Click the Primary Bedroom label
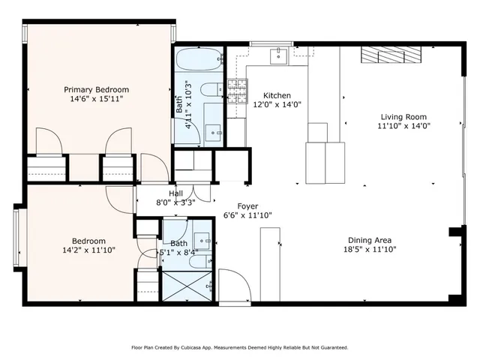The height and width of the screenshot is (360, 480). tap(95, 88)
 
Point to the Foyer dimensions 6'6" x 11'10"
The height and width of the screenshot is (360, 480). tap(247, 215)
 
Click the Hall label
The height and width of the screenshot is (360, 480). tap(175, 193)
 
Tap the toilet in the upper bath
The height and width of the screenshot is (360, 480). tap(212, 86)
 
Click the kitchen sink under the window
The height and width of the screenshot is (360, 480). tap(280, 55)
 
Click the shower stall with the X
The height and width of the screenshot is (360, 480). tap(187, 286)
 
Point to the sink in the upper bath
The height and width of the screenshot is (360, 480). tap(213, 132)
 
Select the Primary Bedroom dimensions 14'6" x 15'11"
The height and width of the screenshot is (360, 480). tap(95, 98)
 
